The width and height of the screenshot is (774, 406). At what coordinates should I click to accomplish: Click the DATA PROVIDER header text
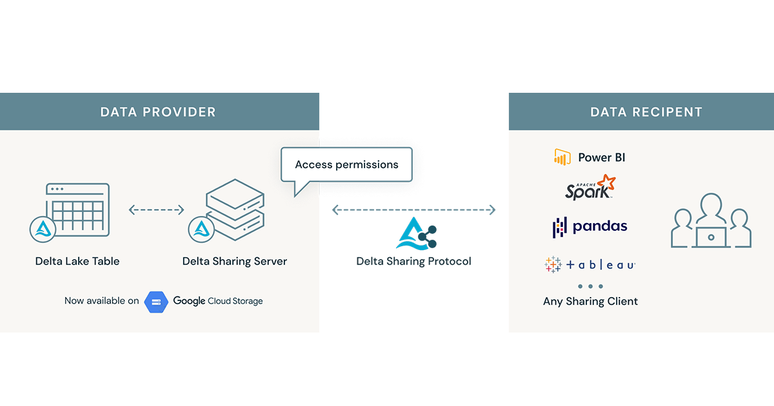click(x=158, y=112)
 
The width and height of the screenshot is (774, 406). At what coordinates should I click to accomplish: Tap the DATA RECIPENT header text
click(x=646, y=112)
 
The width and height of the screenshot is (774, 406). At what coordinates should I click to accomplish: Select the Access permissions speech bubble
click(x=346, y=164)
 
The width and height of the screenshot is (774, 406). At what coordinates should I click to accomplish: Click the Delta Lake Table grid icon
click(x=77, y=210)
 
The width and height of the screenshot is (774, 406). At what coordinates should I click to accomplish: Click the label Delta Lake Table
click(x=77, y=261)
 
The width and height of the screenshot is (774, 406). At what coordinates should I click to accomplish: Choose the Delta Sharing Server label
click(x=235, y=261)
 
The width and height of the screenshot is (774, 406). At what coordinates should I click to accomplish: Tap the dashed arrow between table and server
click(x=157, y=210)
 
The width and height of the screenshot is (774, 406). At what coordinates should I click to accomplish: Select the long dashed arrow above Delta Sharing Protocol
click(x=413, y=210)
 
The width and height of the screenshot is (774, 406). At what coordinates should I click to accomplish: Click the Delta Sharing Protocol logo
click(x=415, y=233)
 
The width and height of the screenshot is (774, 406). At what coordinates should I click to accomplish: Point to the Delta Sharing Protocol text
click(x=413, y=261)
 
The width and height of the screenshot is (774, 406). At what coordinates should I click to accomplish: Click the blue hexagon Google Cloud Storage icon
click(x=156, y=301)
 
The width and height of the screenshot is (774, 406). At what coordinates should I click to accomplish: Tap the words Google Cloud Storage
click(x=218, y=301)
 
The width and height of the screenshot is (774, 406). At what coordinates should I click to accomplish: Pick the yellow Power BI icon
click(x=562, y=157)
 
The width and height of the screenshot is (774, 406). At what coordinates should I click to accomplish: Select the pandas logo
click(x=590, y=226)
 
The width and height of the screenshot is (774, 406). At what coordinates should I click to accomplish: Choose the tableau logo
click(x=590, y=264)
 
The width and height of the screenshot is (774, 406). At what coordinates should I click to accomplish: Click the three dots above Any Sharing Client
click(x=590, y=286)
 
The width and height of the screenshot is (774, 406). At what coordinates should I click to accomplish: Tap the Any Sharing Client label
click(x=590, y=301)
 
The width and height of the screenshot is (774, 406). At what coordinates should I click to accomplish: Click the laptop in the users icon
click(x=711, y=237)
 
